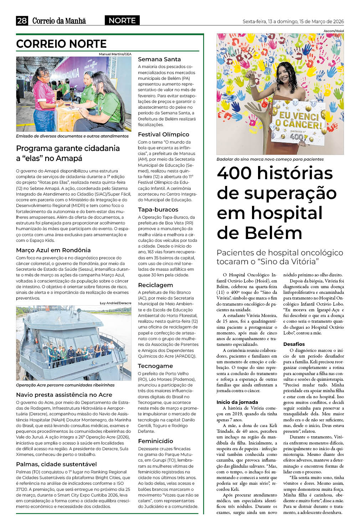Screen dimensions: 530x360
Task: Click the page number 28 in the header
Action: tap(22, 21)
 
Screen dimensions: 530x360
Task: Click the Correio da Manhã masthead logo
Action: tap(59, 21)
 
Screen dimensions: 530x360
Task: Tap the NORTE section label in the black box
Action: tap(122, 21)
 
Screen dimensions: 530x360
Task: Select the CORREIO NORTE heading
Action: tap(61, 44)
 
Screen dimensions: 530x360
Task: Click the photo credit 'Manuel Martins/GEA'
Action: tap(115, 54)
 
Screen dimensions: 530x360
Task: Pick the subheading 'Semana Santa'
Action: tap(159, 59)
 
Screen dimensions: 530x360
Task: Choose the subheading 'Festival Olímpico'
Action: tap(164, 134)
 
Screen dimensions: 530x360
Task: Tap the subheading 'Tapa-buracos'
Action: tap(158, 209)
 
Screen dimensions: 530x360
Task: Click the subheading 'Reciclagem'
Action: tap(155, 285)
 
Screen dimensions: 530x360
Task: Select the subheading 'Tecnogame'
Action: tap(155, 366)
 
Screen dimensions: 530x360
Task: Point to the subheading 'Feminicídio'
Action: tap(155, 441)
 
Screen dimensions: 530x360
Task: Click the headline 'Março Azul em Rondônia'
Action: tap(53, 250)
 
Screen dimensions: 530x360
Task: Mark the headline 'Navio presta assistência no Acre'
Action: tap(64, 395)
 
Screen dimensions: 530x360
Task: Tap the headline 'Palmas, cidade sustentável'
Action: tap(56, 464)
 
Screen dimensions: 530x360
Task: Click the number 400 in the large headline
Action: tap(234, 173)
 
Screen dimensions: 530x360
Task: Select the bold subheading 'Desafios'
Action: tap(294, 344)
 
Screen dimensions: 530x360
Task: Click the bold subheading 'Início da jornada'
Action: tap(237, 402)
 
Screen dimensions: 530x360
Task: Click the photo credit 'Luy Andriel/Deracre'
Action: tap(115, 303)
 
